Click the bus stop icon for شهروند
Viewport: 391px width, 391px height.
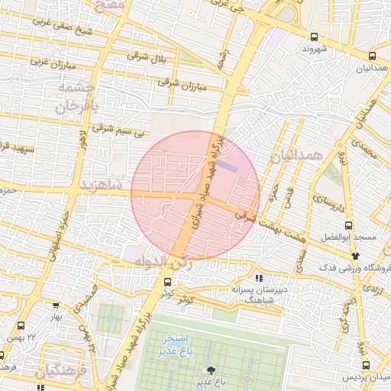(x=314, y=37)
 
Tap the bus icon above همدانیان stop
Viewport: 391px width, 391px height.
(x=372, y=56)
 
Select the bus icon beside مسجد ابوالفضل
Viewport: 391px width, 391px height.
(x=348, y=225)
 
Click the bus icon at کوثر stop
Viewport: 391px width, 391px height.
(x=167, y=282)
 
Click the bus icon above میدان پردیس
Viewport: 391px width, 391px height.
(x=366, y=366)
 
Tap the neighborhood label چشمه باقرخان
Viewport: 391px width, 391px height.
(x=74, y=97)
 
